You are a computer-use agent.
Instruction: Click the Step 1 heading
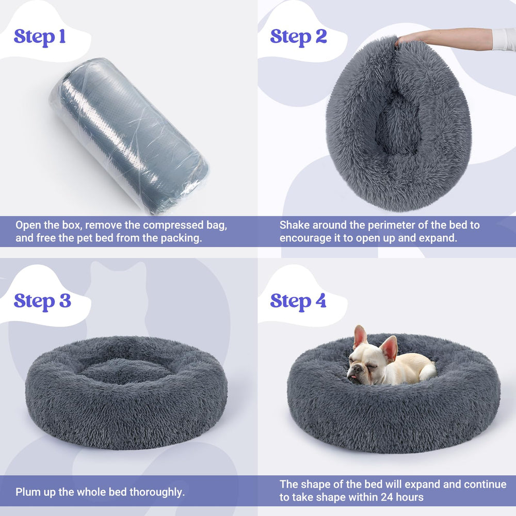click(40, 37)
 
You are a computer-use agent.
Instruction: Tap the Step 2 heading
click(298, 37)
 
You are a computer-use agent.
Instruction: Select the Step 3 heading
click(42, 300)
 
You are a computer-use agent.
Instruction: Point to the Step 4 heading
click(298, 300)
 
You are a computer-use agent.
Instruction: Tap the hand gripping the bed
click(408, 39)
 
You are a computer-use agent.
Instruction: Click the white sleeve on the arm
click(504, 39)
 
